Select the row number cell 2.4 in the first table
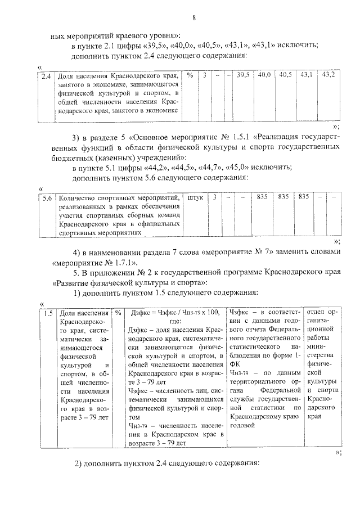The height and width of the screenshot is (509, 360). coord(46,75)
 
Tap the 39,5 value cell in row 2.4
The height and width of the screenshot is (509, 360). coord(243,75)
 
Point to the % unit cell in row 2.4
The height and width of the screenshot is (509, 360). coord(191,75)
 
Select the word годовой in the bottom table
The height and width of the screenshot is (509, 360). coord(243,426)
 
